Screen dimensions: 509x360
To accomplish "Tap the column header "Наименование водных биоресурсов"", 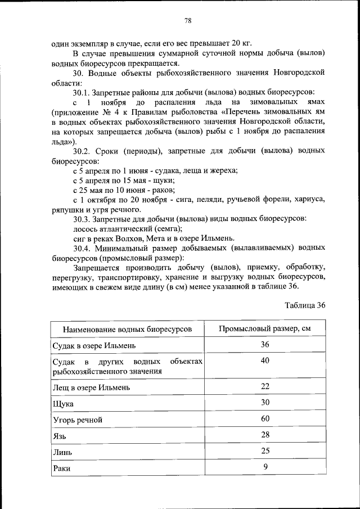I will pyautogui.click(x=127, y=328).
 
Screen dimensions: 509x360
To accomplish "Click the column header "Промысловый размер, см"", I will pyautogui.click(x=264, y=328).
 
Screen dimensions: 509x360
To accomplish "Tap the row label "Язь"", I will pyautogui.click(x=59, y=436).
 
